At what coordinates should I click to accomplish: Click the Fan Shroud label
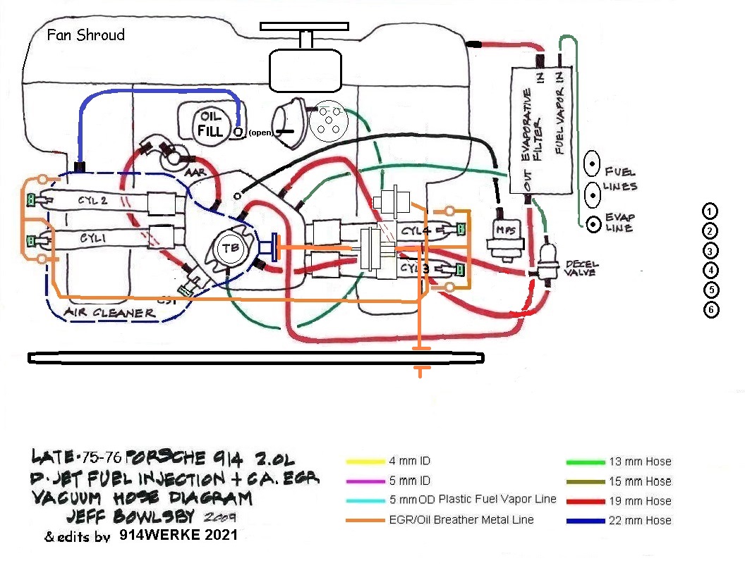click(x=85, y=35)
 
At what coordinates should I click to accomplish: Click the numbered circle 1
click(x=710, y=211)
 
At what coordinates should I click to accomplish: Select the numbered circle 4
click(x=710, y=269)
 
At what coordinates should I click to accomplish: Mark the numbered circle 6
click(x=710, y=309)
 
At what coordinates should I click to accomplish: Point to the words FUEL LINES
click(x=620, y=179)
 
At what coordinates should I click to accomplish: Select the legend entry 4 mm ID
click(x=409, y=462)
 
